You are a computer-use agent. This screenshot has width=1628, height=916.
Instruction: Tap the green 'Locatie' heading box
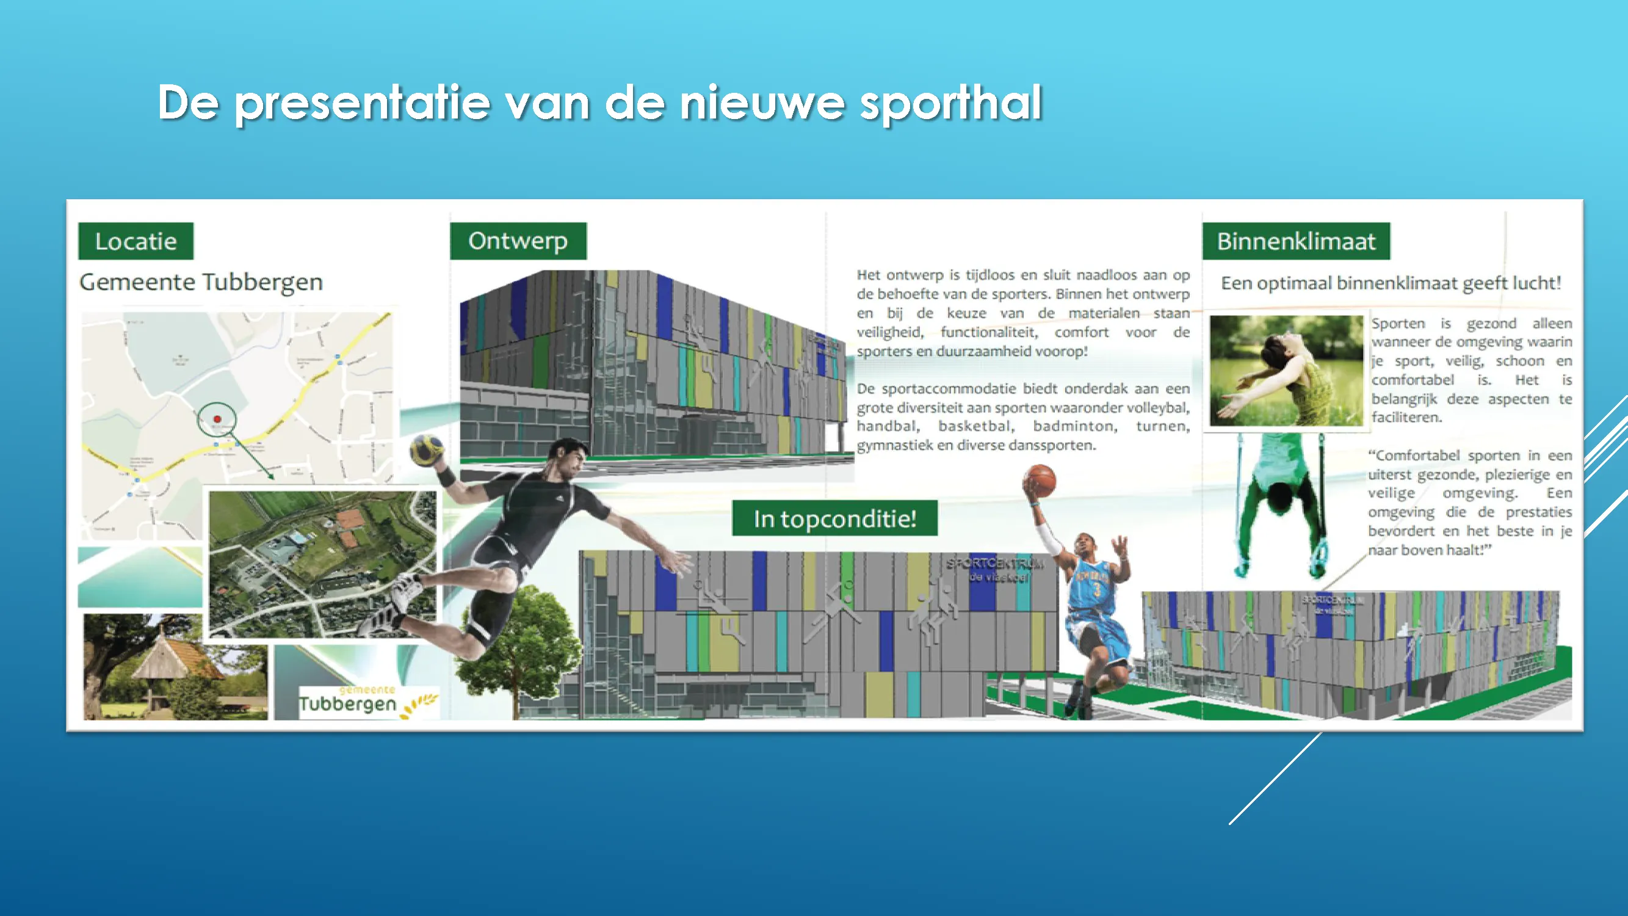[136, 241]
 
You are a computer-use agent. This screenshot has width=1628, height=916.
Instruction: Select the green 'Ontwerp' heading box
[518, 241]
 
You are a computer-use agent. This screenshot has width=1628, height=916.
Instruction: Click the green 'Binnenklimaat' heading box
[1295, 241]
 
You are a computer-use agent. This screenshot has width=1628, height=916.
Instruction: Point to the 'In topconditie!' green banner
[835, 518]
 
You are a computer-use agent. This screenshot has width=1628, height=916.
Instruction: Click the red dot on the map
[217, 419]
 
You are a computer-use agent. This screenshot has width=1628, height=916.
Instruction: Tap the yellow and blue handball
[427, 449]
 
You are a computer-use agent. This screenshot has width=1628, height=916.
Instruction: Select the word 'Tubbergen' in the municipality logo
[347, 703]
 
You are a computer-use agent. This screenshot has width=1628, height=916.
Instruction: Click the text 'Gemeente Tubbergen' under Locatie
[201, 282]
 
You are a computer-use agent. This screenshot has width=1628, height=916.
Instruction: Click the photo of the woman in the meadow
[1286, 371]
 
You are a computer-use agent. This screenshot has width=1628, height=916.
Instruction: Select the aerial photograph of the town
[322, 564]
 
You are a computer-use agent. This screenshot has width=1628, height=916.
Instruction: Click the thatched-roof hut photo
[175, 667]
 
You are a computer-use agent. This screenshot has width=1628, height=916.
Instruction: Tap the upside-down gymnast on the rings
[1280, 506]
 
